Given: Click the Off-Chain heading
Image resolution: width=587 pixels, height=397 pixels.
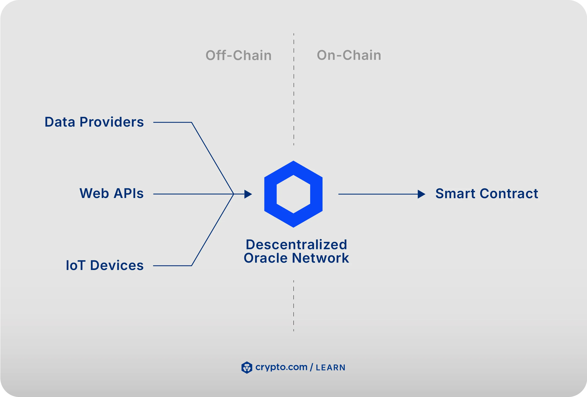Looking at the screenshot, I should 238,55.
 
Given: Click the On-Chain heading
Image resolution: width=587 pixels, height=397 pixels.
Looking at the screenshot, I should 349,55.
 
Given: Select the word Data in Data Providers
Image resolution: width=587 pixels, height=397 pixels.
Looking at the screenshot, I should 60,122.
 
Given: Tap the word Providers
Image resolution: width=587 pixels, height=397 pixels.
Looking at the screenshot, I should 112,122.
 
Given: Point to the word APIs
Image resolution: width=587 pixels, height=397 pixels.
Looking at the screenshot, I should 128,194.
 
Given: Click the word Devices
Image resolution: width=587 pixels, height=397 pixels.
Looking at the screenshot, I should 117,265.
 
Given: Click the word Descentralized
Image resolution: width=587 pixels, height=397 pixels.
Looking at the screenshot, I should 296,245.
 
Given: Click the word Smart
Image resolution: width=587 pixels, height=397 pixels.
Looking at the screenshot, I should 455,194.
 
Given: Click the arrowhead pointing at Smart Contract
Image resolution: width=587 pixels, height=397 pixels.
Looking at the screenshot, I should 421,194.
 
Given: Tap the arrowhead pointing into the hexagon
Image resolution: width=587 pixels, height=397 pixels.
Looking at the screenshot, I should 248,194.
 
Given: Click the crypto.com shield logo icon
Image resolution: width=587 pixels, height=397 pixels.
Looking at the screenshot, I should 247,367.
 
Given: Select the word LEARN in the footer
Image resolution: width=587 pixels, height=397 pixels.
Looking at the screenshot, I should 330,368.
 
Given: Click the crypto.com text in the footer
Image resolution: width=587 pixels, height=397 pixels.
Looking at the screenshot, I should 281,367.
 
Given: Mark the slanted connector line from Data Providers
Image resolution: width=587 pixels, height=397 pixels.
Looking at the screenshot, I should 212,158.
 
